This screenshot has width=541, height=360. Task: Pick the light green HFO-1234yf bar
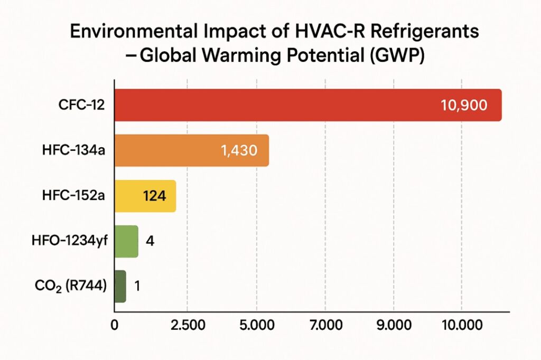tap(126, 241)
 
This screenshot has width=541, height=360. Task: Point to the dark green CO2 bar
tap(120, 286)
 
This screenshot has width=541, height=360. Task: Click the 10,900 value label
tap(463, 105)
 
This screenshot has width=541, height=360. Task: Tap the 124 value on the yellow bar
tap(155, 196)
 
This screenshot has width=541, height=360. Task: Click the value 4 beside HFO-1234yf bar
tap(149, 242)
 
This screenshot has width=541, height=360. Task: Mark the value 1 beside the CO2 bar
tap(137, 287)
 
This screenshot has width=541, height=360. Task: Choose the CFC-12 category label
tap(82, 105)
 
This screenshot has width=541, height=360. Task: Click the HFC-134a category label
tap(73, 150)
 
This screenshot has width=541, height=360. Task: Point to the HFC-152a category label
tap(73, 196)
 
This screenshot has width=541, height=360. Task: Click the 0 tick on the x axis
tap(114, 325)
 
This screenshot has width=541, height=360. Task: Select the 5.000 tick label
tap(256, 325)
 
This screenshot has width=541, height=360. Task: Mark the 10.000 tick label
tap(462, 325)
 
